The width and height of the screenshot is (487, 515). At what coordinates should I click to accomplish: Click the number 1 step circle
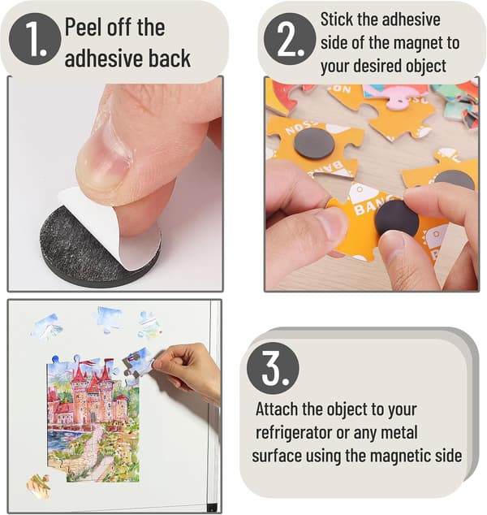35,39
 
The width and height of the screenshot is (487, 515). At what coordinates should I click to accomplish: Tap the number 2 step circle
290,39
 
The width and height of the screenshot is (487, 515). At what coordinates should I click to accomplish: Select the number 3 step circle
273,368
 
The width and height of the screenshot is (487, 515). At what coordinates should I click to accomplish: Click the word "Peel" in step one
83,27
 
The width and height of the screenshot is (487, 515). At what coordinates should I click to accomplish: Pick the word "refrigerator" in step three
294,433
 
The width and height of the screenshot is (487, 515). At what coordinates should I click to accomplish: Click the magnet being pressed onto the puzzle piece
397,218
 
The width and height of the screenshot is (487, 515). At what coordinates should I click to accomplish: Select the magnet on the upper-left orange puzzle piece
314,144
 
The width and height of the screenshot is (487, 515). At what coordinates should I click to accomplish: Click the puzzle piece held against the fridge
138,363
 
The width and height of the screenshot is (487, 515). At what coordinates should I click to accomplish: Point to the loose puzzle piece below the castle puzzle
39,487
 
